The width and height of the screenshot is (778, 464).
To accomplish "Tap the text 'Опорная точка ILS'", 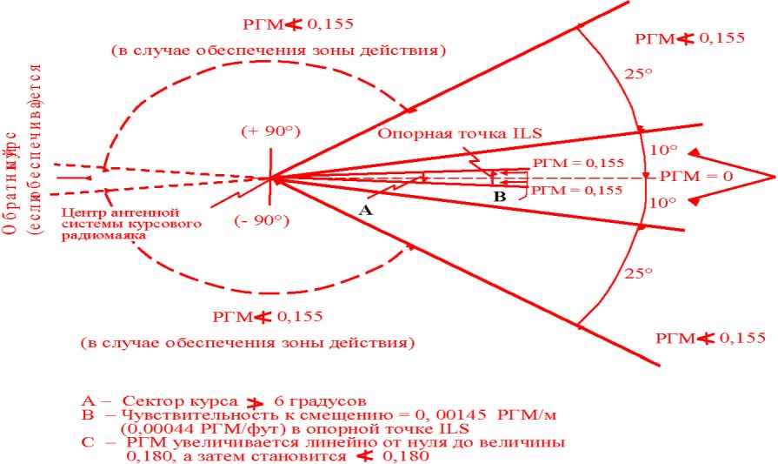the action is coord(460,132).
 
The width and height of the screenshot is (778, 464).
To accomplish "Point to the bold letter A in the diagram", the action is coord(366,211).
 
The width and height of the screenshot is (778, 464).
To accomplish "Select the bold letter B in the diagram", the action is coord(499,197).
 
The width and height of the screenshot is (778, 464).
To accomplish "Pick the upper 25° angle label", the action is coord(637,74).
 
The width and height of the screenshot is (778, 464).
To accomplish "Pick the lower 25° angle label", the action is coord(637,273).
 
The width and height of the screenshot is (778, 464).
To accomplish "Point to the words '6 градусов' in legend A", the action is coord(316,401).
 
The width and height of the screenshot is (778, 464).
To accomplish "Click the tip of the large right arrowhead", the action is coord(773,176).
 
